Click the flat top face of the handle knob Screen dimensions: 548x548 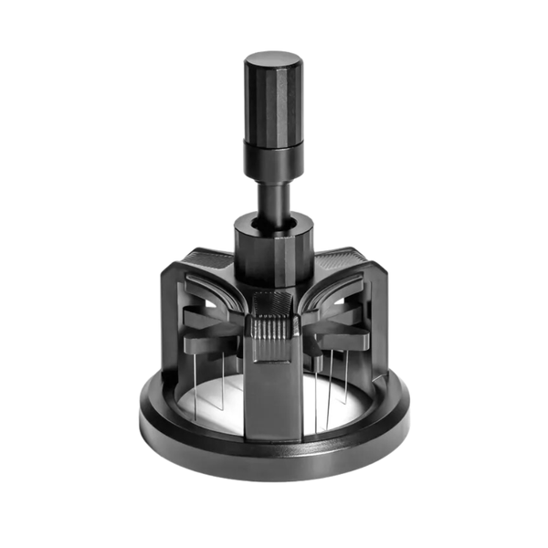[x=273, y=60]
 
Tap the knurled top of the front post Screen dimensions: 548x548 [x=272, y=305]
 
